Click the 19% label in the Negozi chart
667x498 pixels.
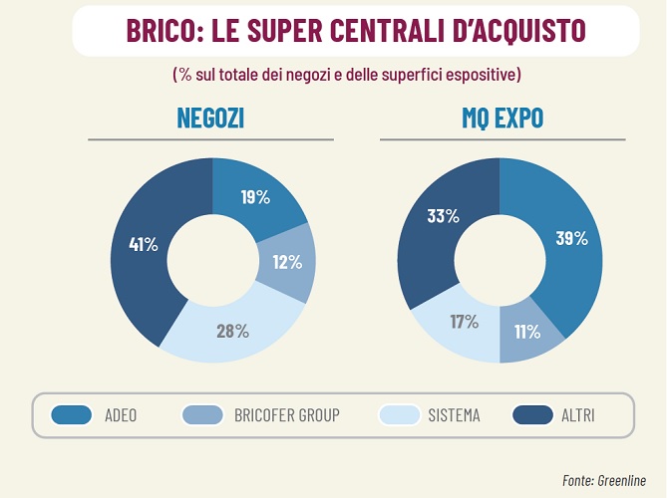point(255,197)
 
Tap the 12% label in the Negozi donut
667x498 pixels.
point(287,262)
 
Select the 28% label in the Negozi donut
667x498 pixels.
point(232,331)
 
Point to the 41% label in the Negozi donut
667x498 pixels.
point(144,243)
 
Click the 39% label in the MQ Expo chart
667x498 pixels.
point(571,238)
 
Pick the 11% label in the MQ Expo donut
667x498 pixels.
point(526,331)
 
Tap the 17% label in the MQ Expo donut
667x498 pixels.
point(464,321)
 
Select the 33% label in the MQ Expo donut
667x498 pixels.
point(443,216)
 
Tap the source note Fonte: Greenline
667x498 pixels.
point(608,480)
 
